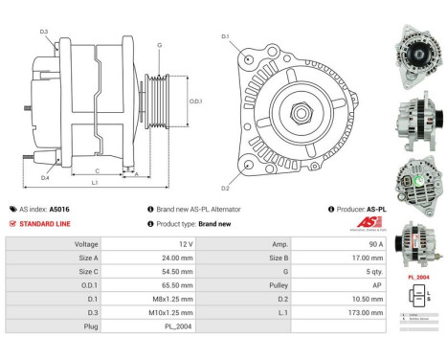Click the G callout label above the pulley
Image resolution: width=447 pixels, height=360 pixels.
click(159, 45)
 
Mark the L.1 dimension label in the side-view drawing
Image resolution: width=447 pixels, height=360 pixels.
click(94, 181)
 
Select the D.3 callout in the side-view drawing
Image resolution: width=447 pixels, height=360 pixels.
click(45, 33)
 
